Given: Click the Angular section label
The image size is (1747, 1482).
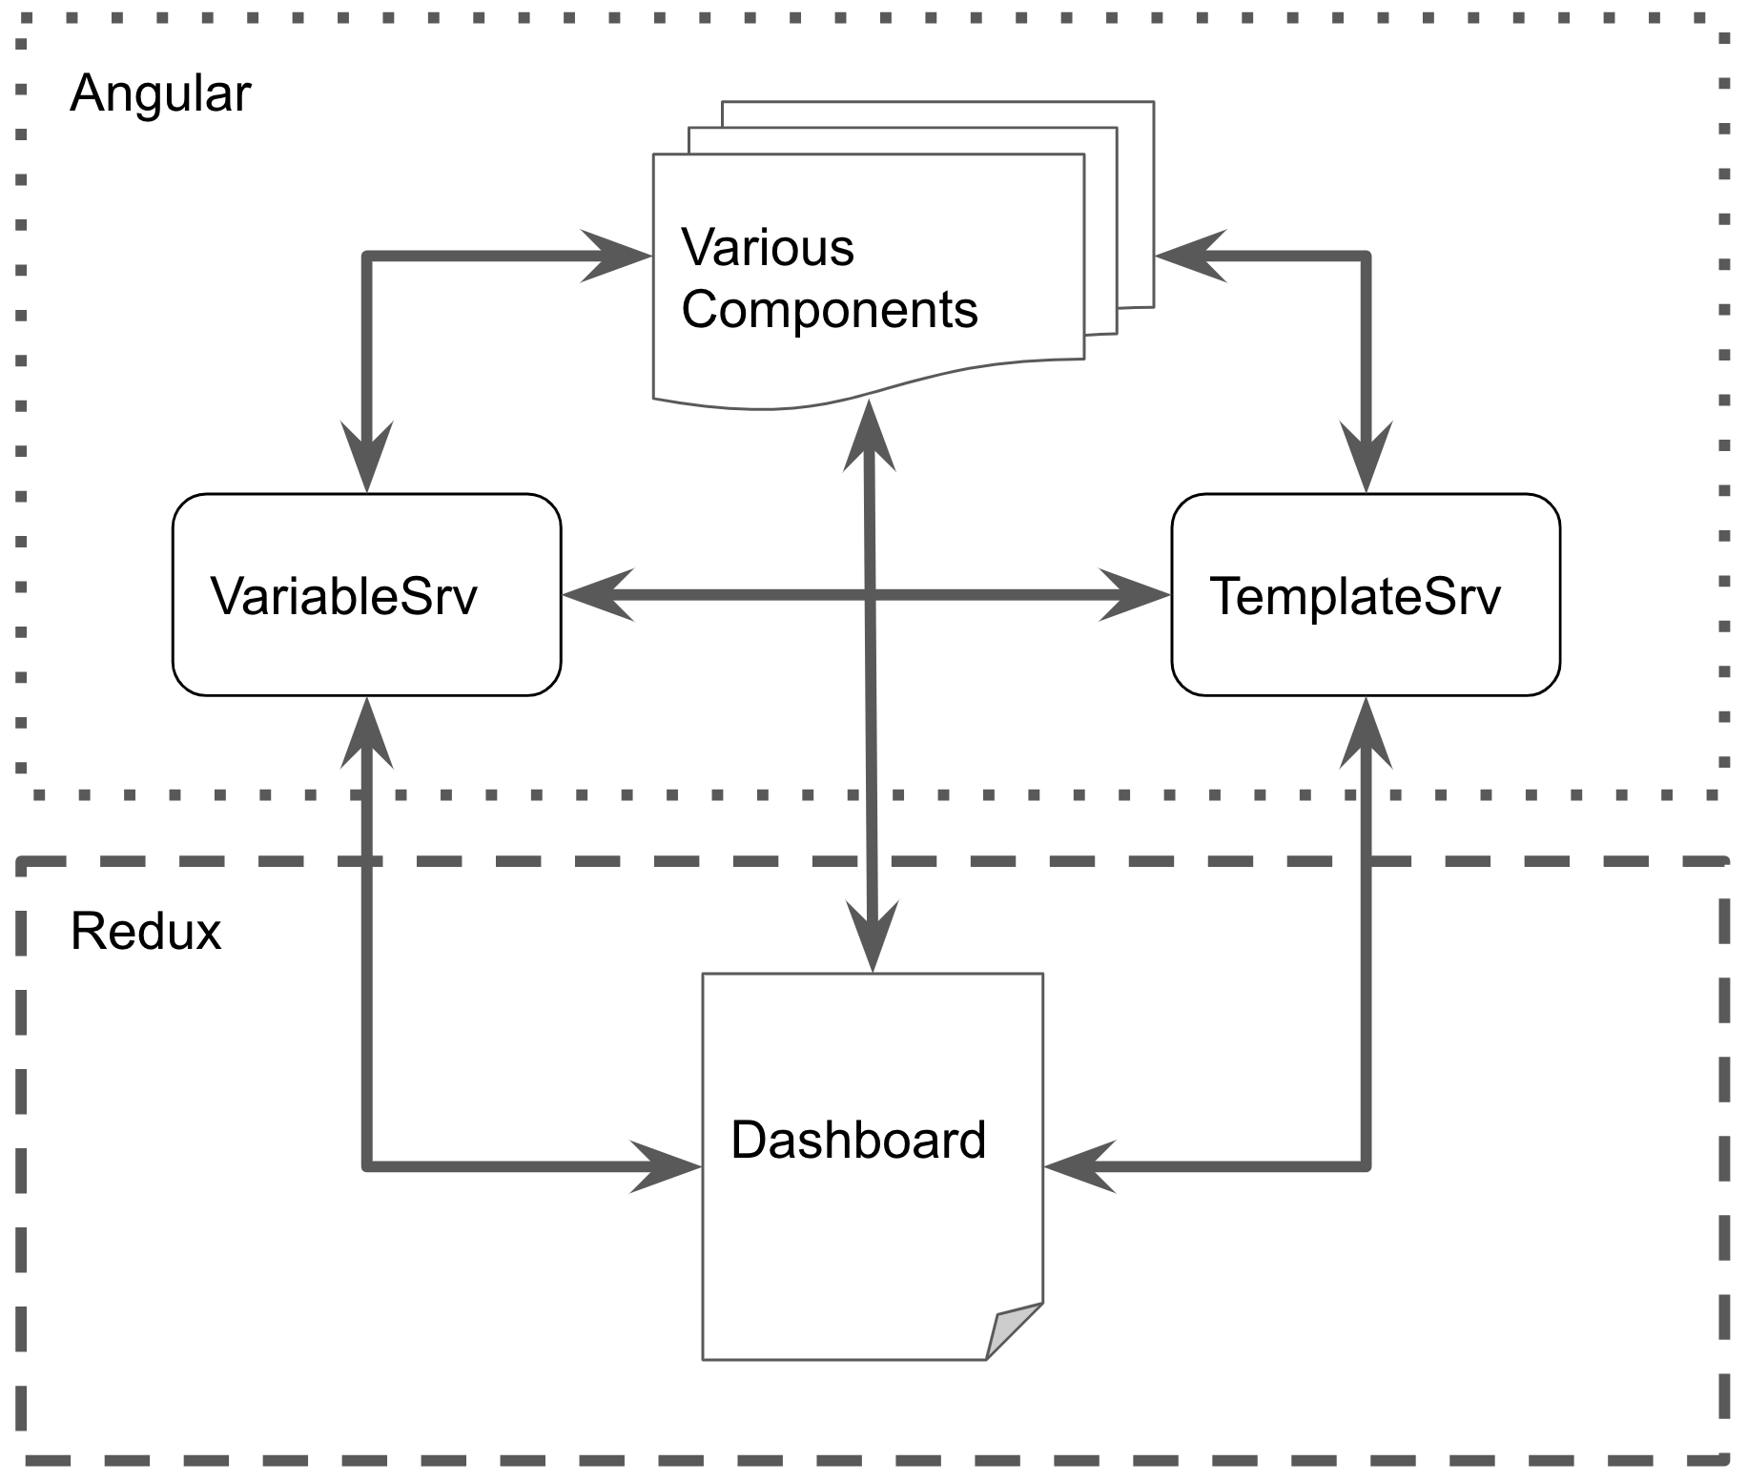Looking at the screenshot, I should (160, 94).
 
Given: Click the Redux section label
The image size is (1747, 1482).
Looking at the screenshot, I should (146, 932).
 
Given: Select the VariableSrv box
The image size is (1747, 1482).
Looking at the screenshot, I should (366, 595).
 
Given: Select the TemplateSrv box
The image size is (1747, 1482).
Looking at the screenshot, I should (1365, 595).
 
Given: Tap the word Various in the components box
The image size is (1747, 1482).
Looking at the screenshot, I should (767, 248).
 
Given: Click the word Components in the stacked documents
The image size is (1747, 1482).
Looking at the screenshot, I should (829, 310).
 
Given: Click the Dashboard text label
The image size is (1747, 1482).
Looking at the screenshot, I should (857, 1141).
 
